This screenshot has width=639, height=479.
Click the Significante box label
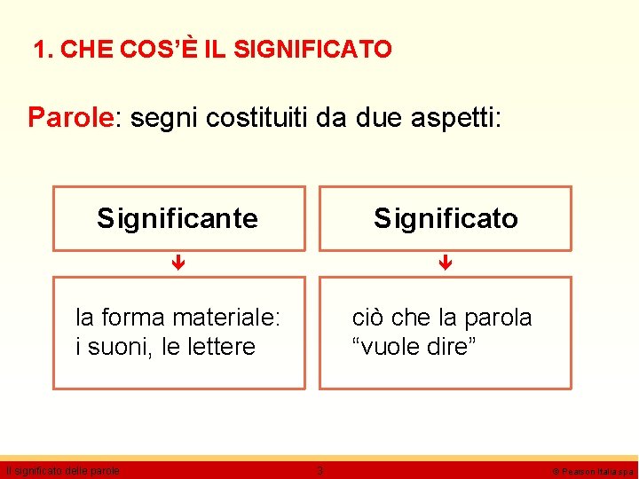(x=177, y=218)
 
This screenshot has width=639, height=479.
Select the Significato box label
(x=446, y=218)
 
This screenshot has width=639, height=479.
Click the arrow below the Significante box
(x=177, y=263)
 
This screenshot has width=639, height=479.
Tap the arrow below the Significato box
(x=446, y=263)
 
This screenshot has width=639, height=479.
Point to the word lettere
(x=221, y=347)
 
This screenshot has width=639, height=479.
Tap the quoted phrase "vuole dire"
(x=414, y=347)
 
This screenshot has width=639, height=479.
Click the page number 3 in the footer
(x=320, y=470)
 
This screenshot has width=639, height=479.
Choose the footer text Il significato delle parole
(x=62, y=470)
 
